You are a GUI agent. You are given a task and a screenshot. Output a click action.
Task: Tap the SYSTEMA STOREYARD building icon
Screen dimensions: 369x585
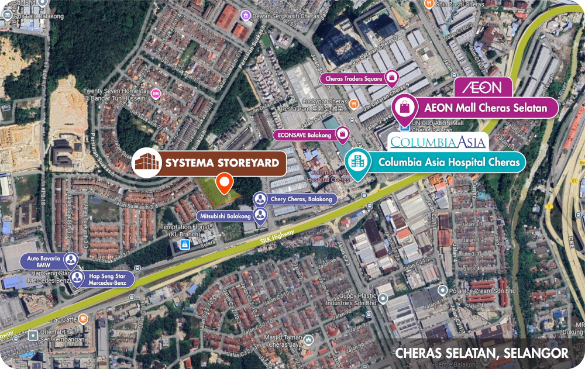coord(147,163)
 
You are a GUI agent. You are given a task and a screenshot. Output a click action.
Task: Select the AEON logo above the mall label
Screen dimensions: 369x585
coord(483,88)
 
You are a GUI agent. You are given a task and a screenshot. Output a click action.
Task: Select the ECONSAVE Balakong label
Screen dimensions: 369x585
coord(305,135)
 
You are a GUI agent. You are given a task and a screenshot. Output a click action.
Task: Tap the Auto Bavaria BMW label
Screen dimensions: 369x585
coord(43,261)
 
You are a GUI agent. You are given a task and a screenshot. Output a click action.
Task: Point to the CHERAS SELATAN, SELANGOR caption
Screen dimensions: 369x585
coord(481,353)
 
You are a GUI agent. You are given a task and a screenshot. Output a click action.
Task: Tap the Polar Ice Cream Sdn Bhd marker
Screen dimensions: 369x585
coord(443,290)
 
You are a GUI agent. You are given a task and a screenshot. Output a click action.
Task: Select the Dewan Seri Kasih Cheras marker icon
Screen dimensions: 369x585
coord(246,16)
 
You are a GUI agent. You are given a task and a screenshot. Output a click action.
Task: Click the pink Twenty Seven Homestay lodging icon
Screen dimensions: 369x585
coord(155,94)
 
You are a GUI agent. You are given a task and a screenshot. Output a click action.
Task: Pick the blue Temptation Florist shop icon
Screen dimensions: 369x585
coord(185,245)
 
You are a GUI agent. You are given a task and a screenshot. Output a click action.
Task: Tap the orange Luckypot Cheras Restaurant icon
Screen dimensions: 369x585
coord(353,104)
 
